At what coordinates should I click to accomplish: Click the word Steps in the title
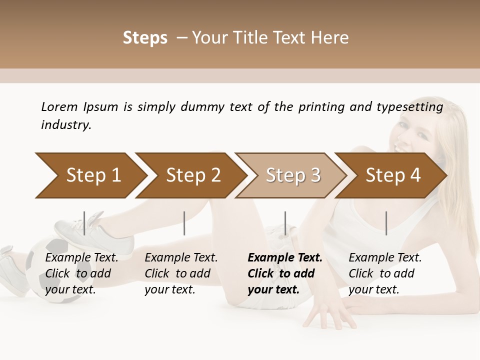pyautogui.click(x=145, y=38)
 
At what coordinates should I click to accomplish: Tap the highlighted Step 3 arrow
pyautogui.click(x=291, y=175)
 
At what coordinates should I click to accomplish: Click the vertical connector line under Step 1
pyautogui.click(x=84, y=223)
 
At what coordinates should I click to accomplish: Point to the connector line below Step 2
pyautogui.click(x=184, y=223)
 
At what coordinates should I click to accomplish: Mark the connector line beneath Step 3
pyautogui.click(x=285, y=223)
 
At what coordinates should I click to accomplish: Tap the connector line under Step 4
pyautogui.click(x=386, y=223)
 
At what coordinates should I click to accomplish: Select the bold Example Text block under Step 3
pyautogui.click(x=284, y=273)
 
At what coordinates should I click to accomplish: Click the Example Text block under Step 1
pyautogui.click(x=81, y=273)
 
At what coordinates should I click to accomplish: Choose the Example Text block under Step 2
pyautogui.click(x=181, y=273)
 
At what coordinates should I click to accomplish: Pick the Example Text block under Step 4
pyautogui.click(x=385, y=273)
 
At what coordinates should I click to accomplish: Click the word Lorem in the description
pyautogui.click(x=59, y=107)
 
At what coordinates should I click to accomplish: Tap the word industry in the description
pyautogui.click(x=66, y=125)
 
